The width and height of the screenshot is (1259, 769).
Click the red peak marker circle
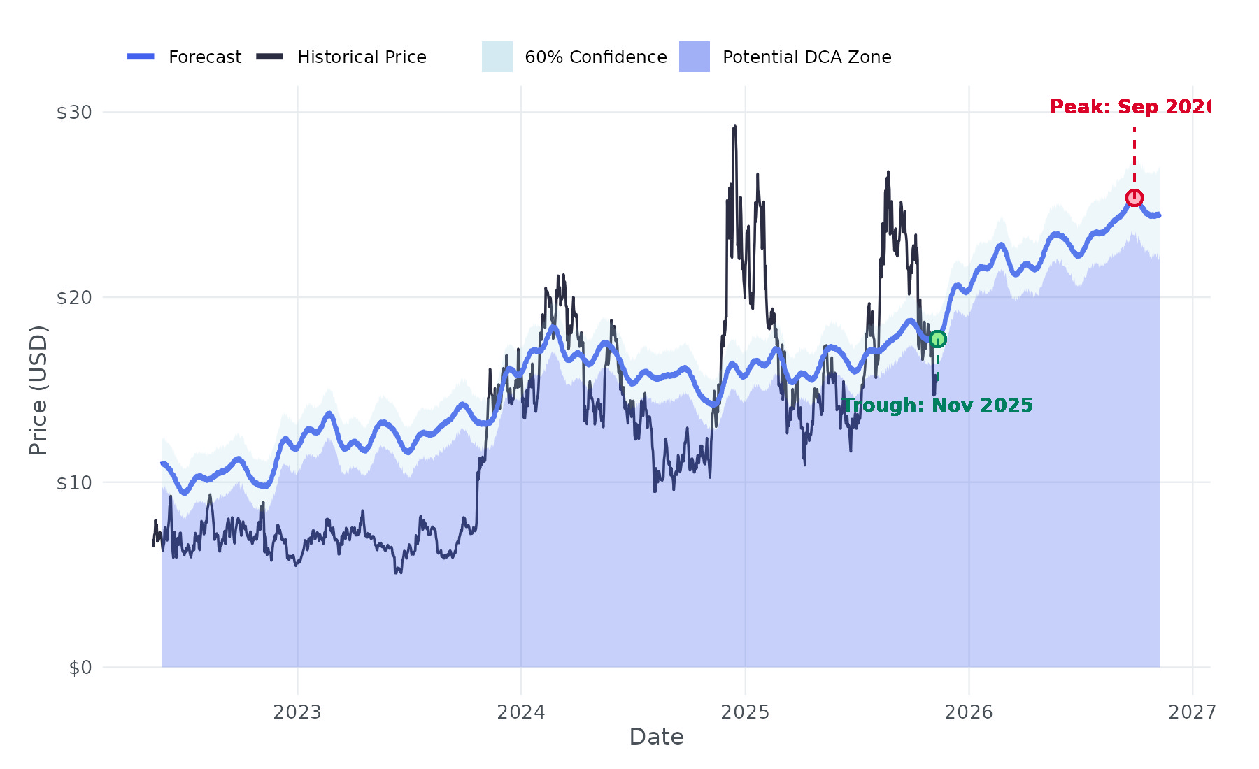tap(1134, 198)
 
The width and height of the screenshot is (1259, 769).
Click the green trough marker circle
tap(937, 339)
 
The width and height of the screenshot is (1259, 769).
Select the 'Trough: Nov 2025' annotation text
tap(937, 405)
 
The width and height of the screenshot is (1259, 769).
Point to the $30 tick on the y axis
tap(74, 112)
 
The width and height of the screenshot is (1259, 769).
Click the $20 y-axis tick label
tap(74, 297)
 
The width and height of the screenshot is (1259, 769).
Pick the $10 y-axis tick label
tap(74, 482)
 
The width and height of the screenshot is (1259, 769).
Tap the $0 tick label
tap(80, 668)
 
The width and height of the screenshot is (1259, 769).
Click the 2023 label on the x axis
tap(297, 712)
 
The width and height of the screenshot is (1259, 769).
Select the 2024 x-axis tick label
tap(521, 712)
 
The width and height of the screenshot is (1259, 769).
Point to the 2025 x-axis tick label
tap(745, 712)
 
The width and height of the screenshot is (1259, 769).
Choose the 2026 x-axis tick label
tap(969, 712)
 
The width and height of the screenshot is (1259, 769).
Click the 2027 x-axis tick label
tap(1193, 712)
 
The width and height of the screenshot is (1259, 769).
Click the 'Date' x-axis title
tap(656, 737)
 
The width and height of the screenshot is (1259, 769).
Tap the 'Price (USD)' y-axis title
tap(38, 390)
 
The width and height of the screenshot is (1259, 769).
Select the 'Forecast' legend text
tap(205, 57)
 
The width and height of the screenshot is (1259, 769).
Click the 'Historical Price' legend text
tap(362, 57)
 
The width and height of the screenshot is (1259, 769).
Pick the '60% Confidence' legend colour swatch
tap(497, 57)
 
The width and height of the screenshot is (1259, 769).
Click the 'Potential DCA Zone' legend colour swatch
tap(695, 57)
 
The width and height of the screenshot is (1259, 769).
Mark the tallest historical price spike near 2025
tap(734, 127)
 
